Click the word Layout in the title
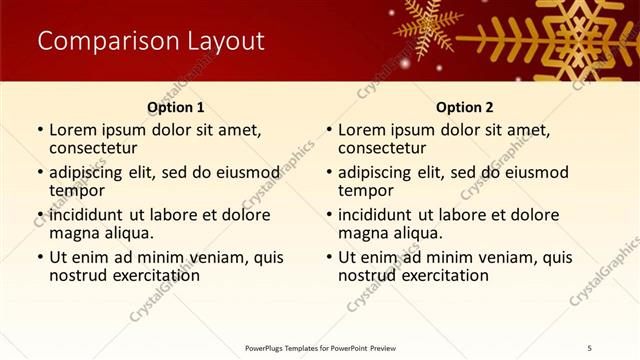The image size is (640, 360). pyautogui.click(x=226, y=41)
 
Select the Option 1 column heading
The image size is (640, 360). pyautogui.click(x=176, y=107)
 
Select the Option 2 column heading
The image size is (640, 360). pyautogui.click(x=465, y=107)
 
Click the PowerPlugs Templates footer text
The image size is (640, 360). pyautogui.click(x=320, y=347)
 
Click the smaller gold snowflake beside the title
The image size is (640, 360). pyautogui.click(x=428, y=25)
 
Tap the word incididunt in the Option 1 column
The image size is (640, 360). pyautogui.click(x=86, y=215)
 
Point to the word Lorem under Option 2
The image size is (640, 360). pyautogui.click(x=361, y=130)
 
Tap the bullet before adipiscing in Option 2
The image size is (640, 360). pyautogui.click(x=328, y=173)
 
